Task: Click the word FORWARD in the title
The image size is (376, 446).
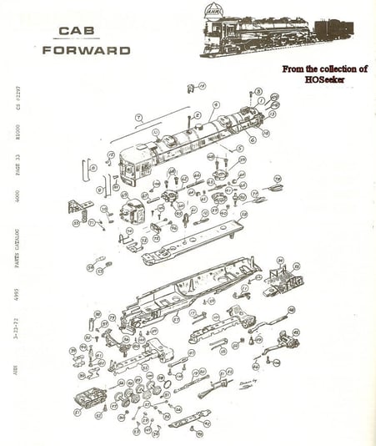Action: point(86,50)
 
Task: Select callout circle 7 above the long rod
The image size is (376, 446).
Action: point(140,118)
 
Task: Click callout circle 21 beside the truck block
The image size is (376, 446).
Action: point(78,412)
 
